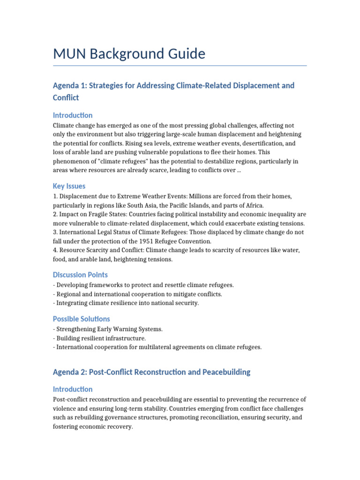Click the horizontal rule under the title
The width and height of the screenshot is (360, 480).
[x=180, y=66]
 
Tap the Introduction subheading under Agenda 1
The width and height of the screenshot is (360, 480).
[x=73, y=115]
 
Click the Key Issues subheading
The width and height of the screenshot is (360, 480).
[x=69, y=186]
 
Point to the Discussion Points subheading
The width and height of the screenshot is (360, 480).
[x=80, y=275]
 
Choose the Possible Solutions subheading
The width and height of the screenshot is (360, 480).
[x=82, y=319]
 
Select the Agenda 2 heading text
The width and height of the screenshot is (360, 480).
[x=151, y=372]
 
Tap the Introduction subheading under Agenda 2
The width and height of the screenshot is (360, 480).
[x=73, y=389]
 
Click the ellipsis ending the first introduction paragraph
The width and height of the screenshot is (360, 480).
[x=239, y=170]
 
